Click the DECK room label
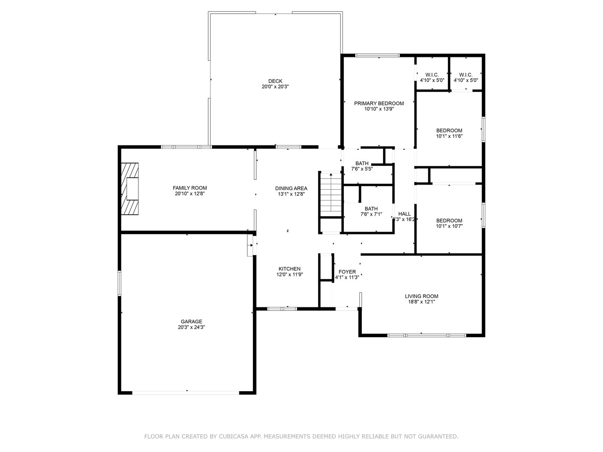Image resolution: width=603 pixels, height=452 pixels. tap(275, 81)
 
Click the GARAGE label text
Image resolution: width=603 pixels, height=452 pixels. tap(187, 322)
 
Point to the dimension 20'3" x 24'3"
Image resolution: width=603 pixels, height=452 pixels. tap(187, 327)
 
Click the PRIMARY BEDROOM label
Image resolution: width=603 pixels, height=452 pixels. tap(379, 104)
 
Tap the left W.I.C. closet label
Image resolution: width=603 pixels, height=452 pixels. tap(432, 75)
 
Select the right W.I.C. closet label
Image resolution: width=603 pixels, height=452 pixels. tap(465, 75)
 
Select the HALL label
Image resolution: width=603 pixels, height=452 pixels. tap(404, 214)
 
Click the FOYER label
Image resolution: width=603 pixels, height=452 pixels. tap(347, 272)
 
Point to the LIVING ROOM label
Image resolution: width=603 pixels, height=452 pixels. tap(421, 296)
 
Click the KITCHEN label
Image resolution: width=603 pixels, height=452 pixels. tap(289, 269)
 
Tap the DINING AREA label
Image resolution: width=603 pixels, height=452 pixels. tap(291, 188)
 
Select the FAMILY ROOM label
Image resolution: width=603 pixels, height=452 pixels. tap(189, 188)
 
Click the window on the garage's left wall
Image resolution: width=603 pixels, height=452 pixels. tap(120, 283)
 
